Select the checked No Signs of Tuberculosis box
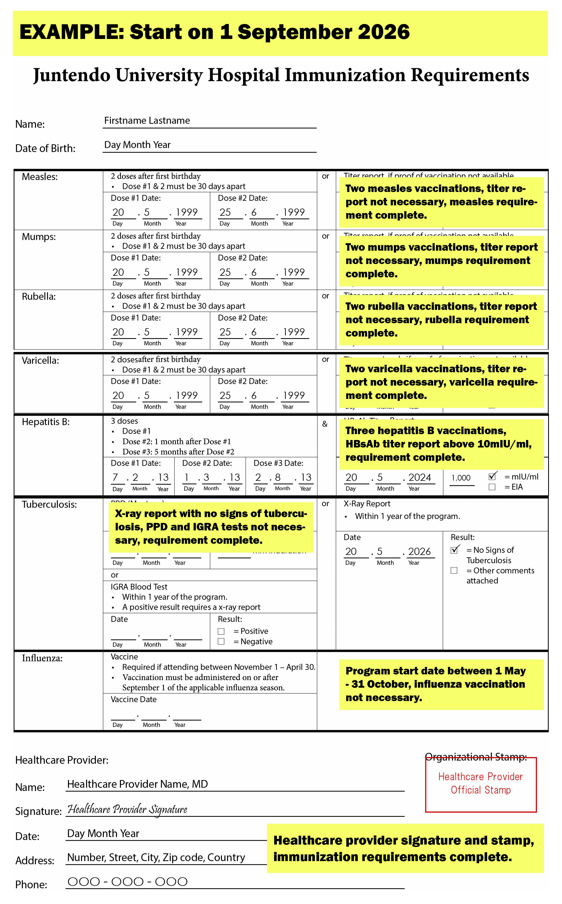454,550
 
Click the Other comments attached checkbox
454,570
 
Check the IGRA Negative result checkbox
221,641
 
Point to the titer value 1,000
461,478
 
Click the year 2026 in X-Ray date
419,551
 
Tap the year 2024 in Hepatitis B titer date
420,478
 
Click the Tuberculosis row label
49,505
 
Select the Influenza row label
42,658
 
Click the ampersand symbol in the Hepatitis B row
325,424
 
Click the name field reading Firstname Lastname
147,121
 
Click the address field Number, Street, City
156,858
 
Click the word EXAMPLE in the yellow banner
71,32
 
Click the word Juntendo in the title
71,75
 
